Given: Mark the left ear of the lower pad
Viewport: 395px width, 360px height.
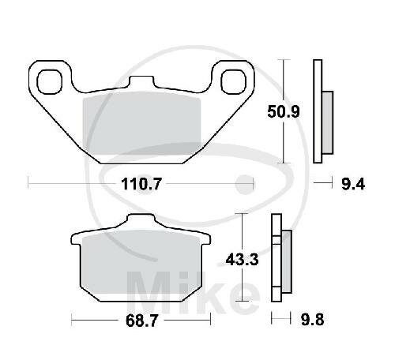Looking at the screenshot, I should point(76,239).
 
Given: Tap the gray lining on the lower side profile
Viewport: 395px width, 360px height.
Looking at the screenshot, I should point(286,261).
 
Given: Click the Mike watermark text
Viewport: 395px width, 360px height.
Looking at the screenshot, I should point(182,288).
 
